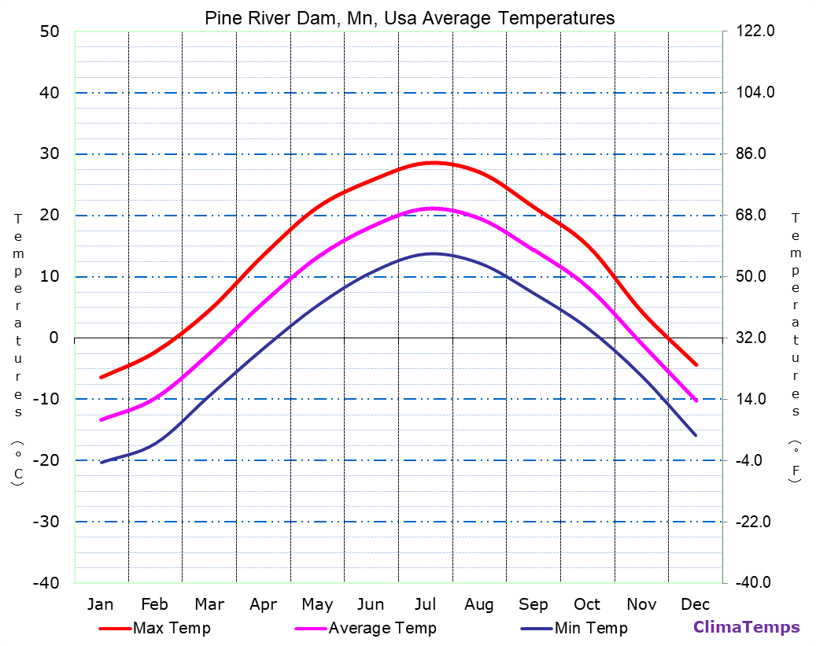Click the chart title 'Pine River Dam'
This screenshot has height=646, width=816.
pos(409,17)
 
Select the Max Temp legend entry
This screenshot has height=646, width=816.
pos(171,628)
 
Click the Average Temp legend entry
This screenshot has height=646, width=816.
pos(382,628)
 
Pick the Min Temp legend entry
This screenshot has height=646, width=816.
pos(590,628)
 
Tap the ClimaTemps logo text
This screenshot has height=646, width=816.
pos(746,627)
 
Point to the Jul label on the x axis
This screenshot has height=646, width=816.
pos(425,604)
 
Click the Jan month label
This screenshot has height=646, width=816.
pos(100,604)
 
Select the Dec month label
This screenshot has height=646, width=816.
pos(696,604)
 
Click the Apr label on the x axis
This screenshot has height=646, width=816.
pos(263,604)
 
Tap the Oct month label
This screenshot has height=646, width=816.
pos(587,604)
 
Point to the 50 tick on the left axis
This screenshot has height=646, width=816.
pos(49,31)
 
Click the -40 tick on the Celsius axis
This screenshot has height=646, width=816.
pos(45,583)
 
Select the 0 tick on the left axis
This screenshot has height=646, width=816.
pos(54,338)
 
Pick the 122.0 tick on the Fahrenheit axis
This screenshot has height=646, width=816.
pos(755,31)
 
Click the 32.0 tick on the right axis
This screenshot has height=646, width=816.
pos(755,338)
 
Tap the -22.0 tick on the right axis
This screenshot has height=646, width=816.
pos(755,522)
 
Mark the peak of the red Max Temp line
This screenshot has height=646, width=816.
pos(433,163)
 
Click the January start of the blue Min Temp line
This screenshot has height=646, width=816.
pos(101,462)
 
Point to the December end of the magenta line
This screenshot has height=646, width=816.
pos(696,401)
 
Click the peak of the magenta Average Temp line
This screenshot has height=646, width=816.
pos(433,209)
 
